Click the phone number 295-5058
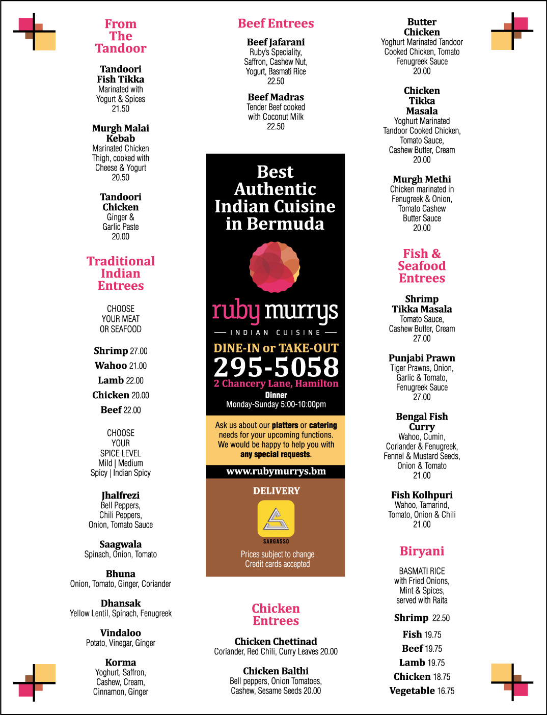tap(276, 367)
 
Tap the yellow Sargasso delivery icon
tap(276, 519)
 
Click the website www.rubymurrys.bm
tap(276, 471)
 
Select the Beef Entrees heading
tap(276, 23)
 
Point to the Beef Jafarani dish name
tap(276, 42)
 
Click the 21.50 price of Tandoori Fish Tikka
tap(121, 108)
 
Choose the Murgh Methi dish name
tap(422, 179)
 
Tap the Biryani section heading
tap(422, 551)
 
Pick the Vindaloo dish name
tap(121, 633)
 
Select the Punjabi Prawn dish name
tap(422, 358)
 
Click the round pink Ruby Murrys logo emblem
tap(275, 267)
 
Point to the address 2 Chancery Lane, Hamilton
tap(276, 383)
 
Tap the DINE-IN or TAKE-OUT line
tap(276, 348)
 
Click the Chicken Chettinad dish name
tap(276, 642)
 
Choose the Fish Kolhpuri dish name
tap(422, 495)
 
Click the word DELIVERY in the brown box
tap(276, 491)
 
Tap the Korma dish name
tap(121, 663)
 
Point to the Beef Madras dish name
tap(276, 97)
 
